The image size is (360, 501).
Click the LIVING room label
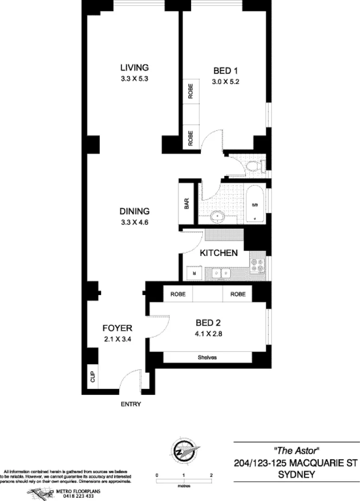click(x=134, y=68)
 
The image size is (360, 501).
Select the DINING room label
click(x=134, y=211)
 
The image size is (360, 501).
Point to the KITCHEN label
click(x=219, y=253)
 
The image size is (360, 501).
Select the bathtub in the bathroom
click(x=255, y=205)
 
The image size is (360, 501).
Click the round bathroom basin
click(x=217, y=216)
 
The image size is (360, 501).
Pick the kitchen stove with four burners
click(x=257, y=265)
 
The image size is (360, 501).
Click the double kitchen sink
click(x=220, y=273)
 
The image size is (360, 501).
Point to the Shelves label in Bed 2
click(x=207, y=358)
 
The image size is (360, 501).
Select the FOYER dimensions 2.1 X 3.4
click(x=117, y=339)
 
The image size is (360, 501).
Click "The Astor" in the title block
click(x=297, y=450)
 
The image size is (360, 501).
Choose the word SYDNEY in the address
click(x=296, y=475)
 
